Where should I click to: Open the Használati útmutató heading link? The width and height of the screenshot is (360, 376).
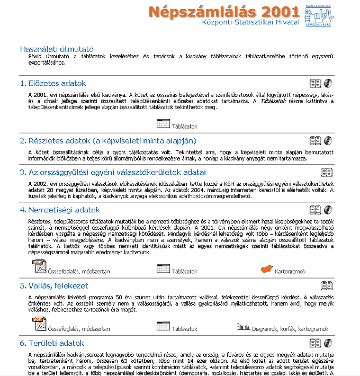[57, 49]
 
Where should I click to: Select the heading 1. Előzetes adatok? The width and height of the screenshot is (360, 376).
[53, 83]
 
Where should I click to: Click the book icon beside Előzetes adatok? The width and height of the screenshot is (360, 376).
[315, 83]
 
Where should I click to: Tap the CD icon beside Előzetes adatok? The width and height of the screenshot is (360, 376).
[328, 83]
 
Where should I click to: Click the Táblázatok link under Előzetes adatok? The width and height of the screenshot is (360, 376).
[184, 127]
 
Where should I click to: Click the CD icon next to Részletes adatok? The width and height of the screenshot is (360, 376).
[328, 141]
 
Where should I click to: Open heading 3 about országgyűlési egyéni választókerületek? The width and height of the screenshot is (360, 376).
[113, 172]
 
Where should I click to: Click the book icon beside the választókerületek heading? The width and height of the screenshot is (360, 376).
[327, 172]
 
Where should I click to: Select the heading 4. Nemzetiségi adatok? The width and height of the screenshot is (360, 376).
[60, 210]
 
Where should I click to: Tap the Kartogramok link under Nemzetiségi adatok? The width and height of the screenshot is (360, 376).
[290, 272]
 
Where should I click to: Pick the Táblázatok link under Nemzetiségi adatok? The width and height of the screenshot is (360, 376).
[184, 272]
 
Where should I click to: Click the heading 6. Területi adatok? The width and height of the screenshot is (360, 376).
[52, 343]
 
